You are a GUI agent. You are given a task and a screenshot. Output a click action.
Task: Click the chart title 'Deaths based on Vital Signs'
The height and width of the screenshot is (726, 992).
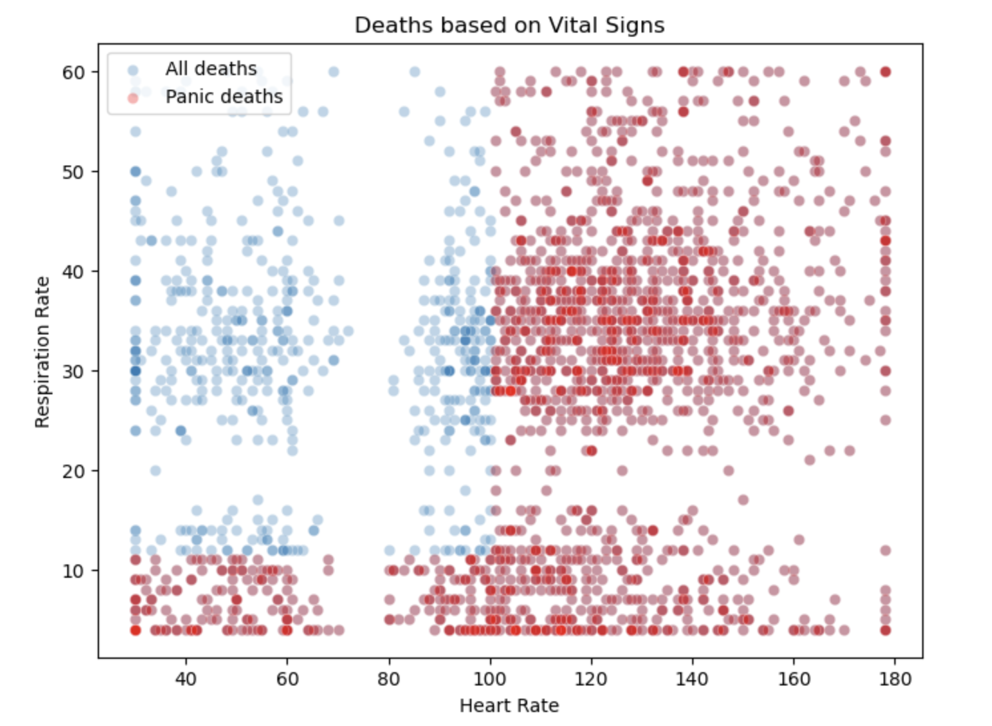pyautogui.click(x=509, y=25)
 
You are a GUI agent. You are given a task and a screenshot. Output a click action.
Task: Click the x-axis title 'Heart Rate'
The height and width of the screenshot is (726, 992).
pyautogui.click(x=509, y=705)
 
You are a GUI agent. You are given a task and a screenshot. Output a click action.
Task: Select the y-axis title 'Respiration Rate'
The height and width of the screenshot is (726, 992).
pyautogui.click(x=43, y=352)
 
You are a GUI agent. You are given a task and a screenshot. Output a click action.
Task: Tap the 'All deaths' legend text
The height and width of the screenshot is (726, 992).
pyautogui.click(x=211, y=68)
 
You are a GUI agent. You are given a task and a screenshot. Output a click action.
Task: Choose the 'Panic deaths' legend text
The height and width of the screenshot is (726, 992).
pyautogui.click(x=224, y=97)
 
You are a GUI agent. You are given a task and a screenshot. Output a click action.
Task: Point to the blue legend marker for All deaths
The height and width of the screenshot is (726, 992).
pyautogui.click(x=133, y=70)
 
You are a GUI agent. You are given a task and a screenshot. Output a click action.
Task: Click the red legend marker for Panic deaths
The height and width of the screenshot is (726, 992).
pyautogui.click(x=133, y=98)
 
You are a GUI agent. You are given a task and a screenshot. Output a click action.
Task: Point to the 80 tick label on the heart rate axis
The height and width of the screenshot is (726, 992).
pyautogui.click(x=388, y=679)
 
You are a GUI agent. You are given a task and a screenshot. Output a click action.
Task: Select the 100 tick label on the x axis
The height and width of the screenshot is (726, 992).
pyautogui.click(x=490, y=679)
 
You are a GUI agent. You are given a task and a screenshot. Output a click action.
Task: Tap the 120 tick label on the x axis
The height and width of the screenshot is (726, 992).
pyautogui.click(x=591, y=679)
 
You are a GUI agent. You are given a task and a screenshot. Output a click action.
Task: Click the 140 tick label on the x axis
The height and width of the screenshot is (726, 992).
pyautogui.click(x=692, y=679)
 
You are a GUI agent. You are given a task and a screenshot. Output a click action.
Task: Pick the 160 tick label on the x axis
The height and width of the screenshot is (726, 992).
pyautogui.click(x=794, y=679)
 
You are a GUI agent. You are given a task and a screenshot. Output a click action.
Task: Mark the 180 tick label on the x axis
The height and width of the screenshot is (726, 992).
pyautogui.click(x=895, y=679)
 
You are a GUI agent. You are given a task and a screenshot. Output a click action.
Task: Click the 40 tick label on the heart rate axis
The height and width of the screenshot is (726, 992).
pyautogui.click(x=186, y=679)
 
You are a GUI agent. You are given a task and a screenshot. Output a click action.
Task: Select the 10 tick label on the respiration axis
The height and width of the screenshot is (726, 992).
pyautogui.click(x=73, y=571)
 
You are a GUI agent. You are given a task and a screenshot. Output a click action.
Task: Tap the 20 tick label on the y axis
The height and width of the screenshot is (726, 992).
pyautogui.click(x=73, y=471)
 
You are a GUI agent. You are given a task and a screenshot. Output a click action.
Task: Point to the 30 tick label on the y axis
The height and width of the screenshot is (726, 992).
pyautogui.click(x=73, y=372)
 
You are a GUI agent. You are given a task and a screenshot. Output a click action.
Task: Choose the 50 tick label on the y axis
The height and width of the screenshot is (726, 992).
pyautogui.click(x=73, y=172)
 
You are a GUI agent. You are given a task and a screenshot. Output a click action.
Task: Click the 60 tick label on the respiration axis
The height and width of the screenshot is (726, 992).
pyautogui.click(x=73, y=72)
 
